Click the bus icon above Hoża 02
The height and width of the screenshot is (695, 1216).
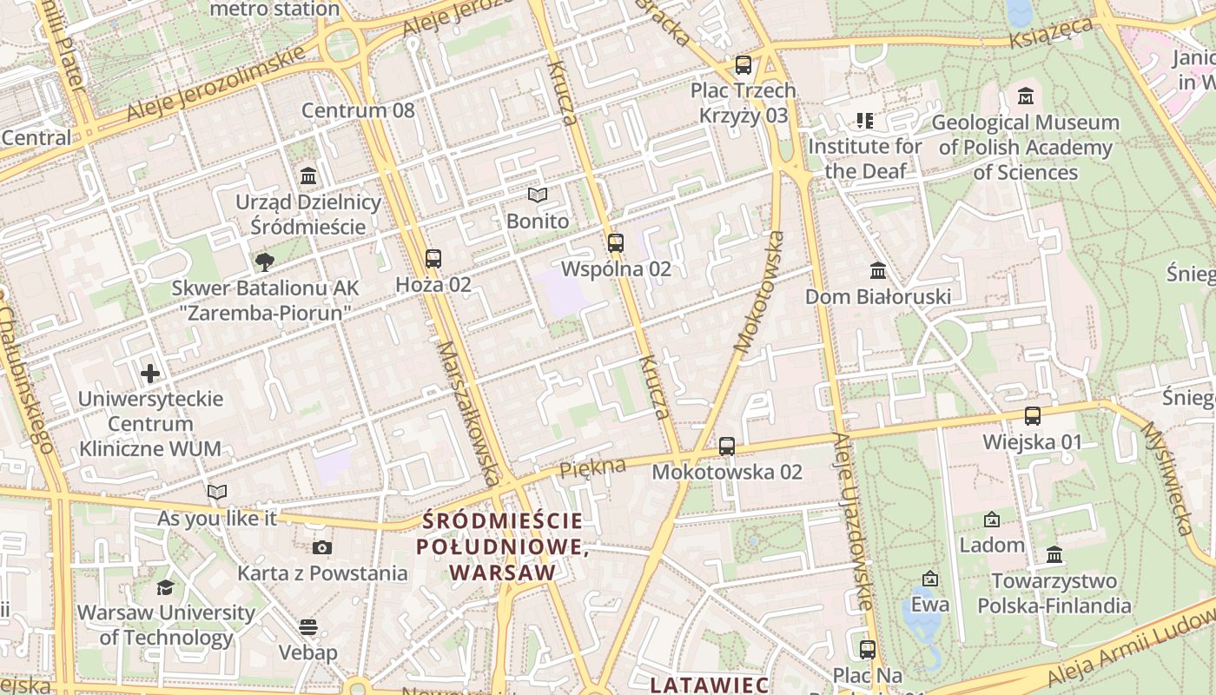(433, 259)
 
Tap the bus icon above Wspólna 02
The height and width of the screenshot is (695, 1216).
(616, 243)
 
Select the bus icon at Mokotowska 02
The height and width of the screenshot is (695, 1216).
(727, 447)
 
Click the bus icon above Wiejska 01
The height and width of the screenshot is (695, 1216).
(1033, 416)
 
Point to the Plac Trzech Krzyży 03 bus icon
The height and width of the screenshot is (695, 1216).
(743, 65)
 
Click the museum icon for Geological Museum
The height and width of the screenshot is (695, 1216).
(1026, 96)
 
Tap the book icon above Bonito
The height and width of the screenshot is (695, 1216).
(538, 195)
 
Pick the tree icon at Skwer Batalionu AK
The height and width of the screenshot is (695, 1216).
(264, 261)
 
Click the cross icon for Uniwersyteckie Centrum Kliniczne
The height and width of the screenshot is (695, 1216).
(150, 374)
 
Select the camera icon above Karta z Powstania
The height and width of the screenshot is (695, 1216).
(322, 547)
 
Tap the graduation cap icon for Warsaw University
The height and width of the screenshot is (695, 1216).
(166, 587)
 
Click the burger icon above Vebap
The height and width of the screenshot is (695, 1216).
(308, 626)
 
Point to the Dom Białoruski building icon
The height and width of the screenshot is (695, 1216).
(877, 271)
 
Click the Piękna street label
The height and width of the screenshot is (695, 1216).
(593, 467)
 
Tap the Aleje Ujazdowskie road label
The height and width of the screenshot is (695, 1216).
(852, 521)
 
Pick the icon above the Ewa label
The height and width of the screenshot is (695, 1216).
(930, 579)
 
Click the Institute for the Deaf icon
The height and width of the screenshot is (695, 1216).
(864, 120)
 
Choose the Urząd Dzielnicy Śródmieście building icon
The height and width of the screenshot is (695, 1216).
(308, 176)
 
